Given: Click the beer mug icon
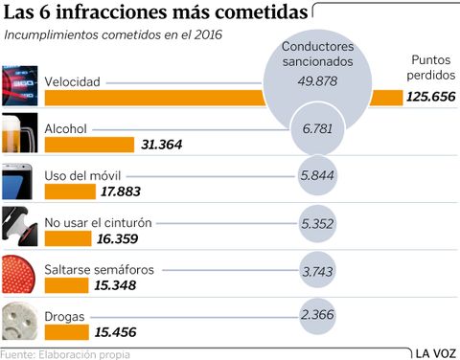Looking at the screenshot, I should click(20, 135).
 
